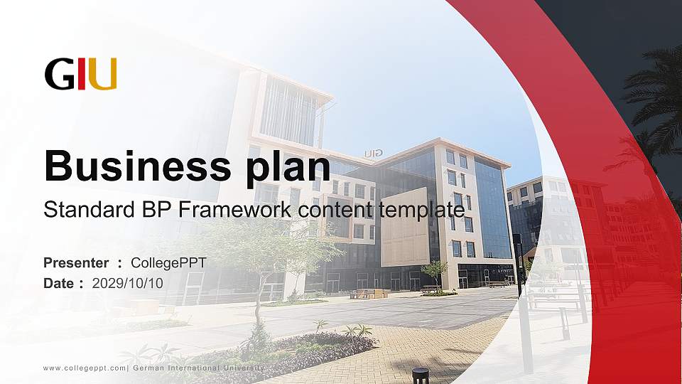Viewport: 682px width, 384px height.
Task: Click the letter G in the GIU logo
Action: [x=59, y=74]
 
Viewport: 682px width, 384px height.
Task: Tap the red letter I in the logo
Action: [x=82, y=74]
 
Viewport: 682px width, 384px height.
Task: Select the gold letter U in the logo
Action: [x=102, y=74]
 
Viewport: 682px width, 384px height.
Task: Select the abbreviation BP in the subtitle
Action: [x=142, y=210]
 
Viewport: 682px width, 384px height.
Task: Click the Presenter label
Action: [x=76, y=263]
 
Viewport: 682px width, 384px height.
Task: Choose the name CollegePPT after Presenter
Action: [x=168, y=263]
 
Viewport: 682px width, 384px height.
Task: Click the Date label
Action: [x=60, y=283]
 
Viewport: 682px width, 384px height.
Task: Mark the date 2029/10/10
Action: [x=128, y=283]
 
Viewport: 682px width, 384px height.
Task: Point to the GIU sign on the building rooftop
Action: [x=374, y=153]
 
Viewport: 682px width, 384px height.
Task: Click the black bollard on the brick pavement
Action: [x=421, y=375]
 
